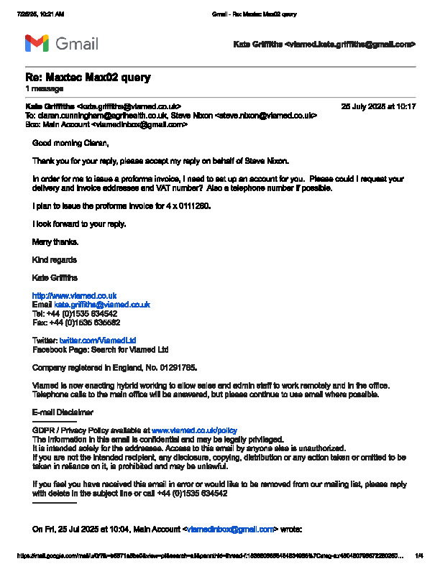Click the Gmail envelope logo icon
tap(37, 44)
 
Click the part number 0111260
tap(194, 206)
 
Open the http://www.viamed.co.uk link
tap(75, 295)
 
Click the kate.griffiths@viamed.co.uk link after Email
tap(102, 305)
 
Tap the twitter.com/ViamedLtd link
tap(98, 340)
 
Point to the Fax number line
tap(76, 322)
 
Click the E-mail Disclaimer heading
tap(63, 412)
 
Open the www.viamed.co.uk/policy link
tap(194, 430)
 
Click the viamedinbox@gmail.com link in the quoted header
tap(231, 529)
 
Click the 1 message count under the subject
tap(41, 88)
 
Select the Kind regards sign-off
tap(55, 259)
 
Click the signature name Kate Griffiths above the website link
tap(55, 277)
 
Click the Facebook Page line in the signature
tap(101, 349)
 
